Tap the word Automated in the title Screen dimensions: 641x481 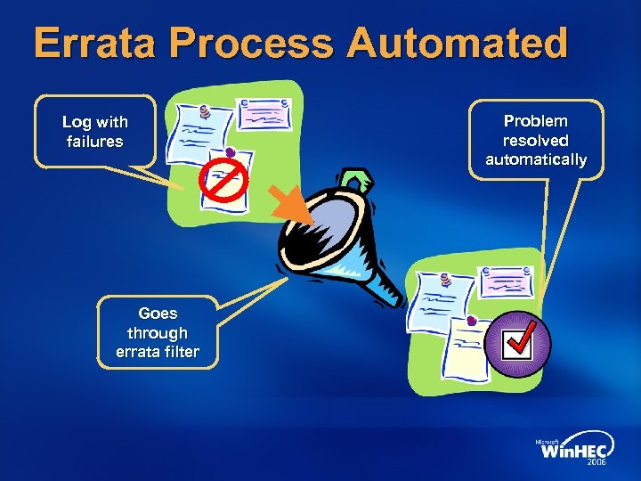click(458, 44)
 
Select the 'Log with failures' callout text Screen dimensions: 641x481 click(94, 132)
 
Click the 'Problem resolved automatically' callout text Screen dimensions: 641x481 click(535, 140)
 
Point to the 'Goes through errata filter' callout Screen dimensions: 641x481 click(158, 332)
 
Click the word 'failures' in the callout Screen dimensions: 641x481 click(94, 142)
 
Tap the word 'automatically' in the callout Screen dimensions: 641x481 click(535, 159)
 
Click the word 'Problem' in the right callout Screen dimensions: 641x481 click(535, 120)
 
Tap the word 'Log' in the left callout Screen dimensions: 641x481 click(75, 122)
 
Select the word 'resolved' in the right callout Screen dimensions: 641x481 click(535, 140)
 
